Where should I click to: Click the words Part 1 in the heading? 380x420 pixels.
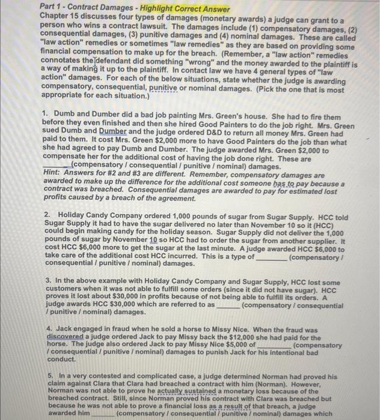click(51, 10)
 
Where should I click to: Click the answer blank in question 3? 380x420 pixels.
click(228, 305)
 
